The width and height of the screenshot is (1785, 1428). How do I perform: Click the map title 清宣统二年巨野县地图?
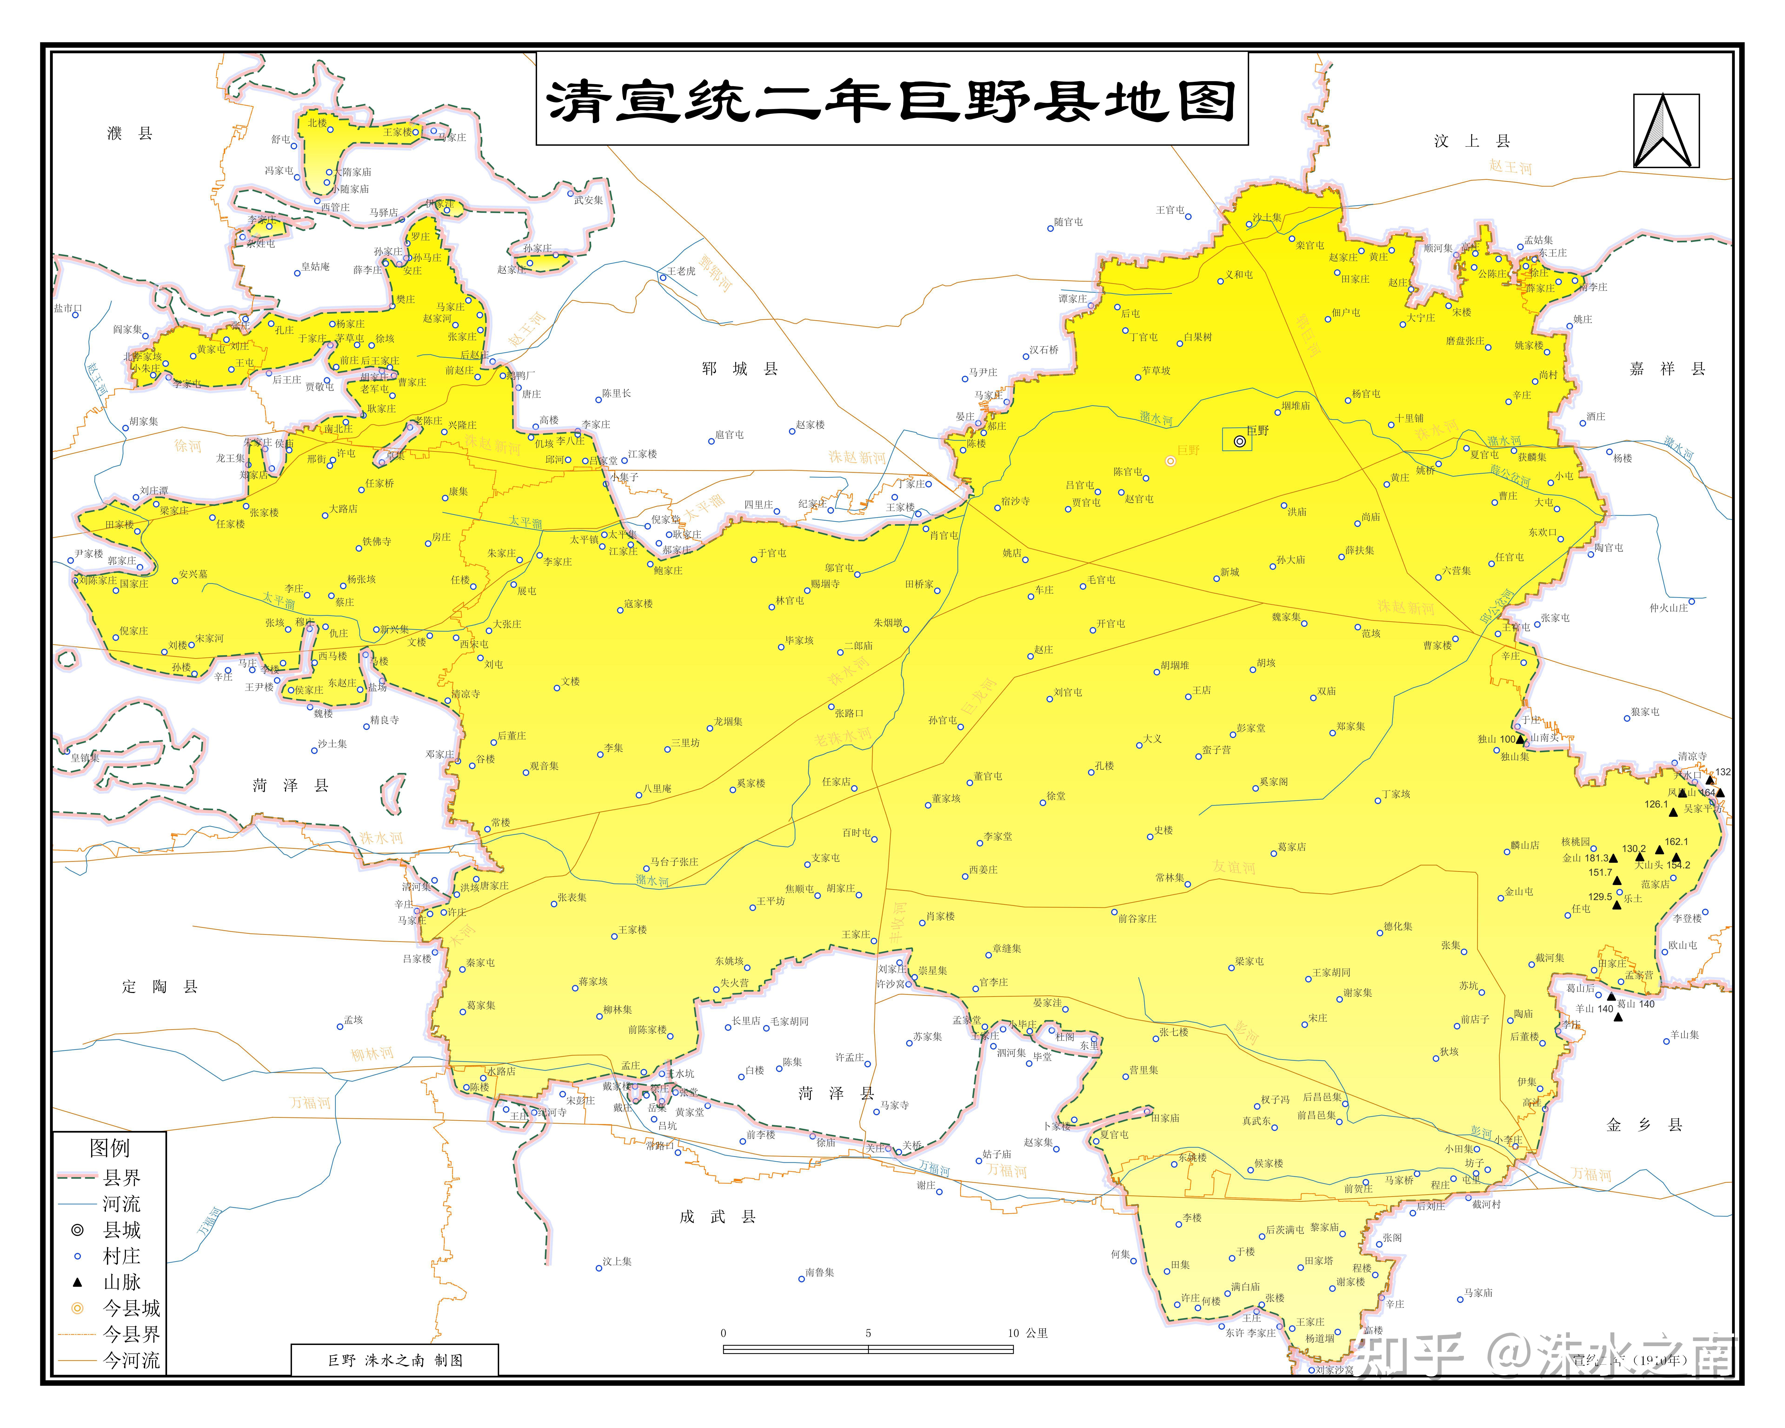tap(892, 101)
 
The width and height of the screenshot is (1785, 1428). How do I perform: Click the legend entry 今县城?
tap(131, 1308)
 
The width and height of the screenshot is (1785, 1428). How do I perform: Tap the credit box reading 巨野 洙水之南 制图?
tap(395, 1360)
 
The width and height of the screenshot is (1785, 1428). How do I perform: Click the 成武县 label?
tap(717, 1216)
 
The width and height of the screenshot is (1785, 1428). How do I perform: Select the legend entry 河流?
tap(121, 1204)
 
